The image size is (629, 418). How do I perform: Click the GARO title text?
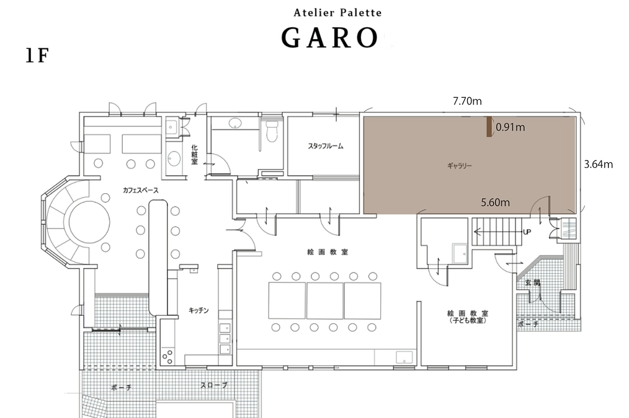pyautogui.click(x=329, y=38)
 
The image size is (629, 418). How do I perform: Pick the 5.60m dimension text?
pyautogui.click(x=496, y=202)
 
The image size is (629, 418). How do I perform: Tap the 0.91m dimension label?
pyautogui.click(x=511, y=128)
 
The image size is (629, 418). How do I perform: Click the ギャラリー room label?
pyautogui.click(x=460, y=167)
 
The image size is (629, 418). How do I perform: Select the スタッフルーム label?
pyautogui.click(x=325, y=147)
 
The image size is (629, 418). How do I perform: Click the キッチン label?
pyautogui.click(x=199, y=311)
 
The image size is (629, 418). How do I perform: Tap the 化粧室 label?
pyautogui.click(x=194, y=154)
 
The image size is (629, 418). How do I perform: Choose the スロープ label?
pyautogui.click(x=214, y=386)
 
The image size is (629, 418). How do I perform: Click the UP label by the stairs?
pyautogui.click(x=527, y=232)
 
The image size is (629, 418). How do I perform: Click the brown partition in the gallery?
pyautogui.click(x=489, y=128)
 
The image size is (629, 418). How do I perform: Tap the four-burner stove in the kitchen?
pyautogui.click(x=167, y=355)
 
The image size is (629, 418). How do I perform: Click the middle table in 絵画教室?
pyautogui.click(x=324, y=300)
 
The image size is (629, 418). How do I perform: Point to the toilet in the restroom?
pyautogui.click(x=270, y=131)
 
